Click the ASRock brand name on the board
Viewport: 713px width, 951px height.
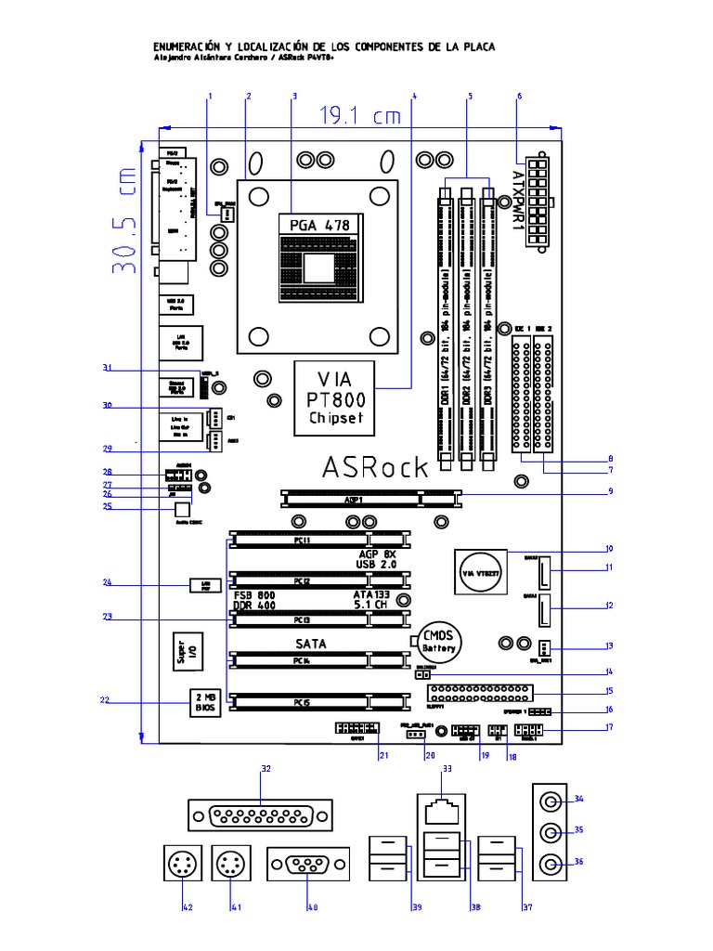375,466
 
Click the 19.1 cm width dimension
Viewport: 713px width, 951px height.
362,116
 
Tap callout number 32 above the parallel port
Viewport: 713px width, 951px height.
266,769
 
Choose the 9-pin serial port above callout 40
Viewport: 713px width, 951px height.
309,866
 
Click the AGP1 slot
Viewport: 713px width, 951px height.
369,499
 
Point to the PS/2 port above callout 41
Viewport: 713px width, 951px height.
227,866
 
